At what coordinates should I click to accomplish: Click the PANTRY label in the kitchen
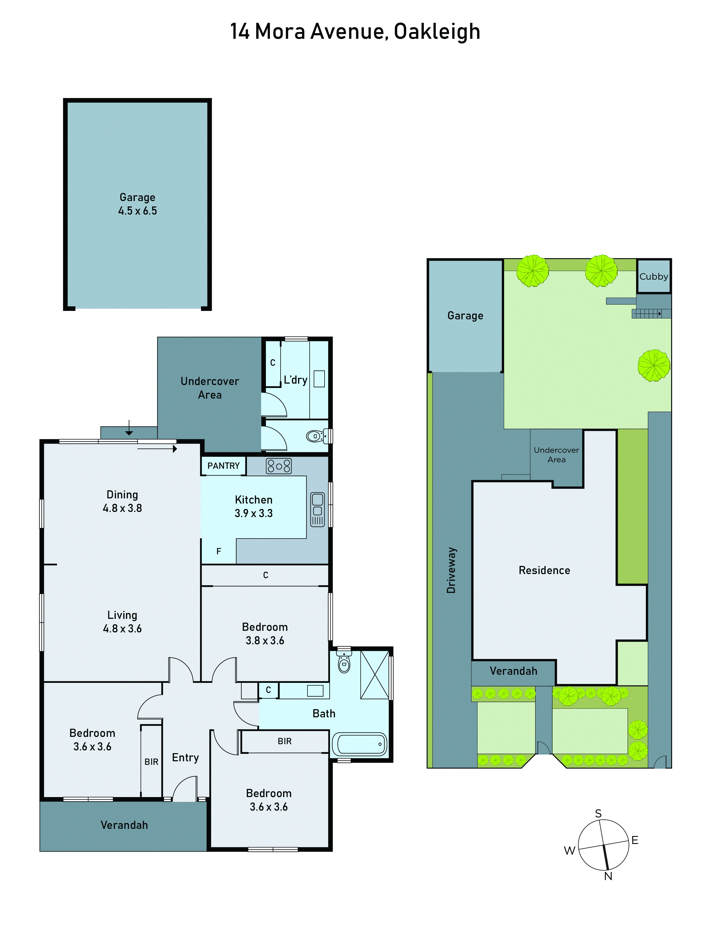[x=223, y=466]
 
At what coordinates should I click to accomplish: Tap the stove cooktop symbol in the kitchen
[x=278, y=466]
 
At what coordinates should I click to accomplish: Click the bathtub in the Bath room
[x=359, y=744]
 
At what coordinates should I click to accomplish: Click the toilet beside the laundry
[x=316, y=436]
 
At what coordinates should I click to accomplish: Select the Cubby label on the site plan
[x=653, y=277]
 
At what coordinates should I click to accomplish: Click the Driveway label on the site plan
[x=451, y=570]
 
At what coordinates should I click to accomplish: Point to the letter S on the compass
[x=598, y=813]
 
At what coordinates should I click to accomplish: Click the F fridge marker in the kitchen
[x=219, y=551]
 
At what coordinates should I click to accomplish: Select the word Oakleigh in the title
[x=437, y=31]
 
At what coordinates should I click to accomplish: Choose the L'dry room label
[x=295, y=380]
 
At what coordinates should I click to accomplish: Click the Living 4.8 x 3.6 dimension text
[x=122, y=629]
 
